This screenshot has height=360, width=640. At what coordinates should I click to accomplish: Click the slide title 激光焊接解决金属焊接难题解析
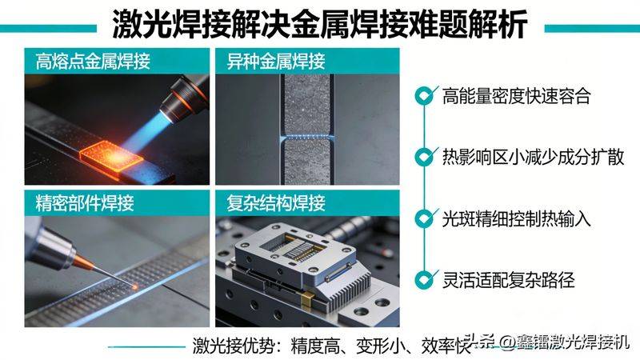[x=320, y=24]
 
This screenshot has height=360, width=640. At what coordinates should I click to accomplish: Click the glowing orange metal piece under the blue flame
[x=113, y=152]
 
